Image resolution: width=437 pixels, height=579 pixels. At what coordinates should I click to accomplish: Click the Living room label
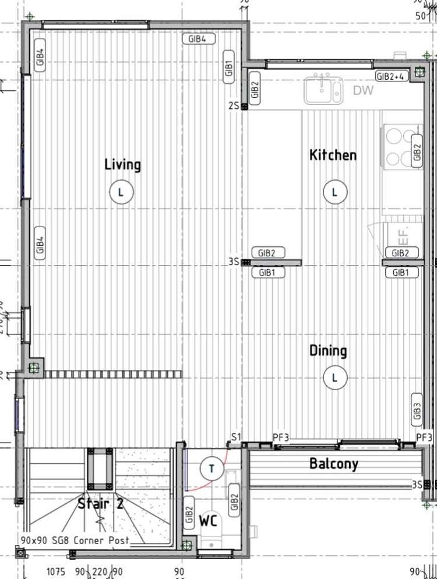(x=122, y=165)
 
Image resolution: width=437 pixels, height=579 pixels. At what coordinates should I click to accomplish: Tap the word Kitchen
(x=333, y=155)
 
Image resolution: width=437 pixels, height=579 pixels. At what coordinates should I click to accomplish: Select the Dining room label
(x=328, y=351)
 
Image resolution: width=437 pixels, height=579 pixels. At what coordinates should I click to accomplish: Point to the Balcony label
(x=334, y=464)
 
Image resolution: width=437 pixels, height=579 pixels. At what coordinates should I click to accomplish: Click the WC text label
(x=208, y=521)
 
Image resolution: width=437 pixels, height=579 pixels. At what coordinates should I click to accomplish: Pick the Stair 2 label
(x=101, y=503)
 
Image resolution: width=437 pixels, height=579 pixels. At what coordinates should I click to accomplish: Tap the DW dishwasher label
(x=363, y=91)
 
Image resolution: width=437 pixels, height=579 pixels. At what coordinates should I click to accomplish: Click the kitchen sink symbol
(x=323, y=89)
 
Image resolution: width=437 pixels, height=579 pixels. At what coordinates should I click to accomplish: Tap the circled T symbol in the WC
(x=211, y=468)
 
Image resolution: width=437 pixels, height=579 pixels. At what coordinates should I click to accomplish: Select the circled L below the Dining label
(x=334, y=377)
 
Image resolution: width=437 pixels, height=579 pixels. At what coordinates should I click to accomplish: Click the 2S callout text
(x=233, y=106)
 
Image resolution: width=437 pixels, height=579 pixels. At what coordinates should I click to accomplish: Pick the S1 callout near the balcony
(x=236, y=437)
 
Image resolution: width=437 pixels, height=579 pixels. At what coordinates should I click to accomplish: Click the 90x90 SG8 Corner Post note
(x=75, y=541)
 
